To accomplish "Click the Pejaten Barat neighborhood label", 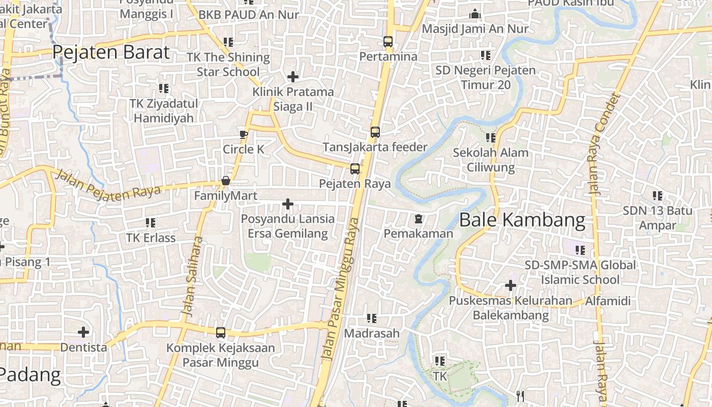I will tap(111, 52).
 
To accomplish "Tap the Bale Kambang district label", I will tap(522, 220).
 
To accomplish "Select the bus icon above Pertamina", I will tap(388, 42).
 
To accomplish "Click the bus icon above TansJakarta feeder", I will tap(375, 132).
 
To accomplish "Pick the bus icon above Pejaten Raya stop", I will tap(355, 169).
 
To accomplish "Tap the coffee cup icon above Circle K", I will tap(244, 134).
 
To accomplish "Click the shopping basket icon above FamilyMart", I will tap(226, 181).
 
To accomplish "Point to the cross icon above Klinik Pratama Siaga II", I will tap(293, 77).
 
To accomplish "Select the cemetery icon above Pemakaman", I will tap(418, 219).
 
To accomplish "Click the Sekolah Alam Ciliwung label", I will tap(490, 160).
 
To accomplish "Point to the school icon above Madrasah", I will tap(372, 318).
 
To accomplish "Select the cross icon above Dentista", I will tap(83, 332).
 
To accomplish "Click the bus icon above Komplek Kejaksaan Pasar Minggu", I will tap(221, 333).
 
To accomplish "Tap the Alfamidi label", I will tap(608, 301).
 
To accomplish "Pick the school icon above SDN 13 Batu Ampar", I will tap(658, 195).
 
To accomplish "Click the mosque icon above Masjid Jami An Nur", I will tap(475, 14).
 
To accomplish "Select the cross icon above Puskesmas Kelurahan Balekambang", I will tap(511, 285).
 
